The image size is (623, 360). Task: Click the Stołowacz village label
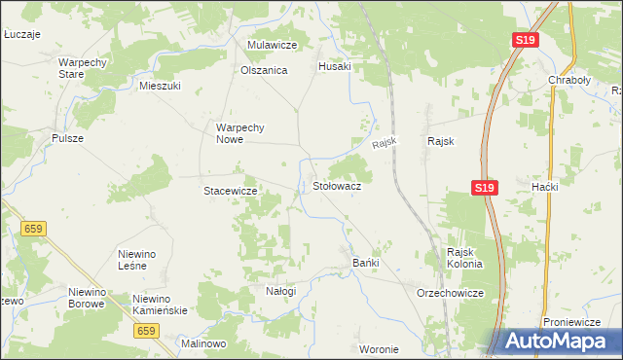click(337, 185)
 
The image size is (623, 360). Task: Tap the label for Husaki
click(334, 66)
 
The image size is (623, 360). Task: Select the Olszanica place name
click(264, 70)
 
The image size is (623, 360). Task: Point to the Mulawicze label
click(272, 45)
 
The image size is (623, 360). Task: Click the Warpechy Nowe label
click(247, 132)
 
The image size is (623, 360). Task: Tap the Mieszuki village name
click(161, 86)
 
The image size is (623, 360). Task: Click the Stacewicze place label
click(230, 191)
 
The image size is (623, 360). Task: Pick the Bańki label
click(365, 263)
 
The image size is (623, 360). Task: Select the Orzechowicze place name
click(449, 292)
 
